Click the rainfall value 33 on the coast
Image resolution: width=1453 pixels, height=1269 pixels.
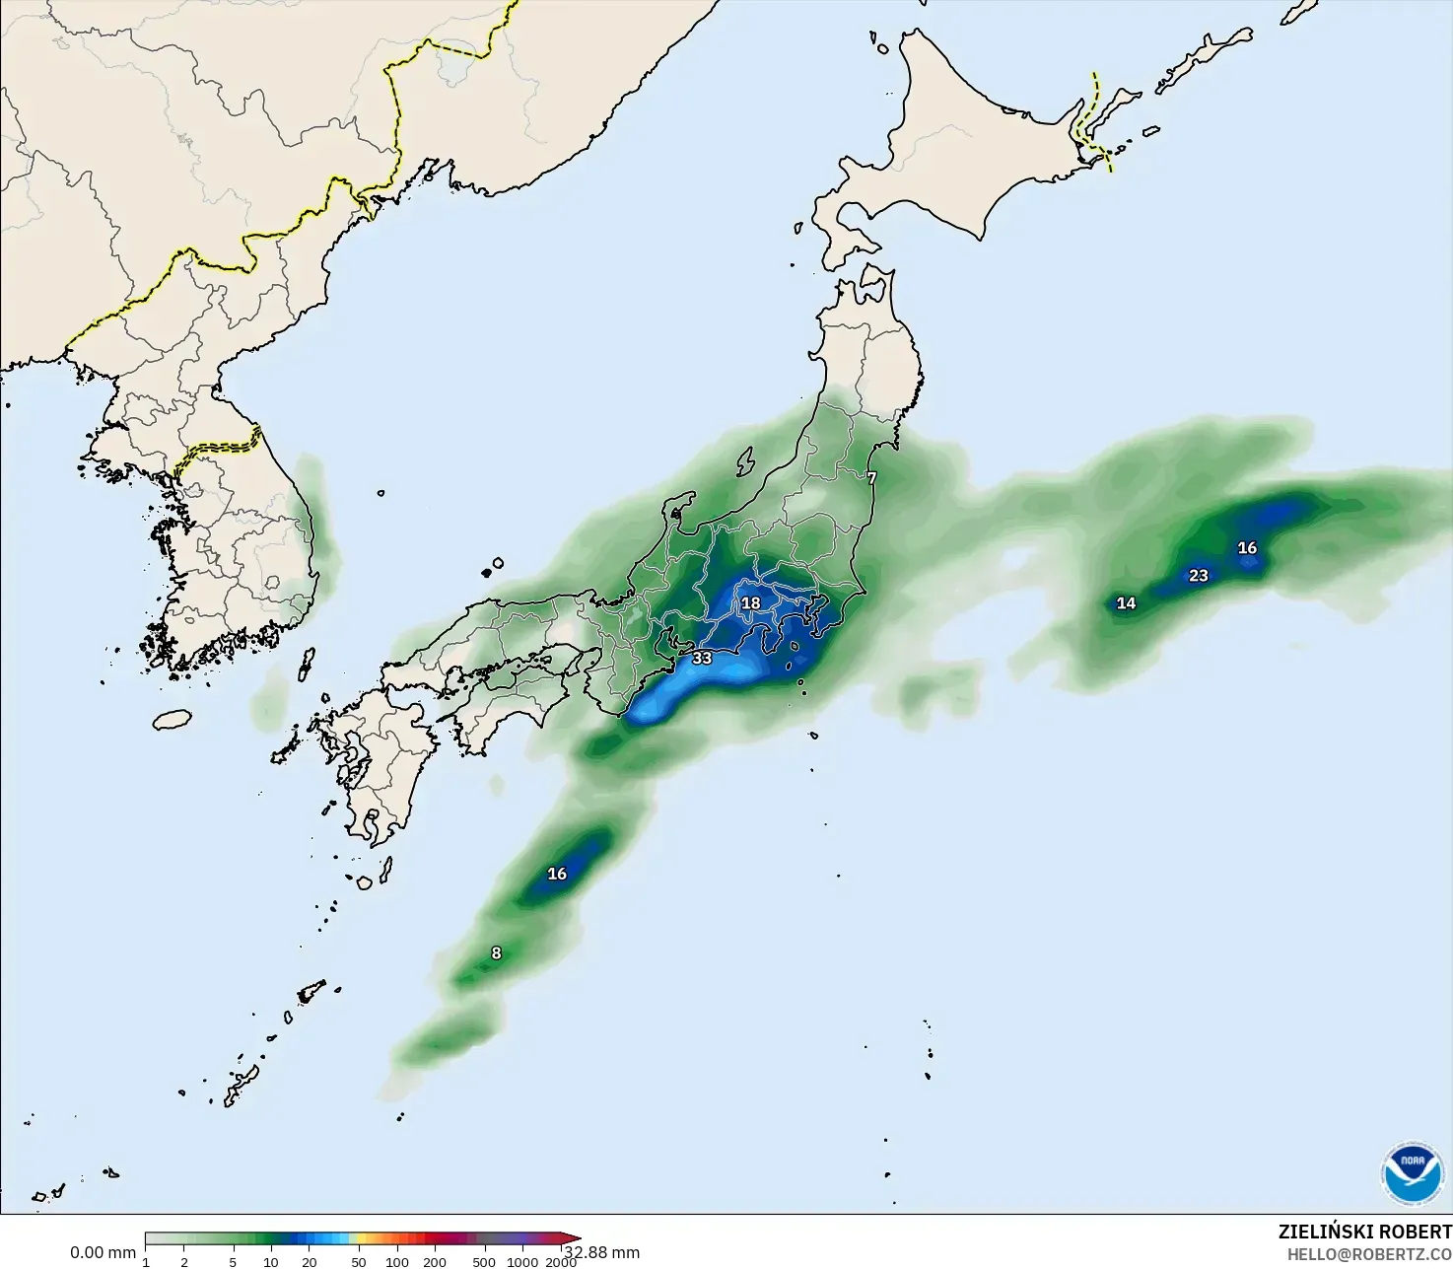coord(702,658)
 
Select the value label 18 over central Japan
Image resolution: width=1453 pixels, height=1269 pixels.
coord(751,603)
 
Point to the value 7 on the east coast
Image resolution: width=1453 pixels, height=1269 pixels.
coord(871,478)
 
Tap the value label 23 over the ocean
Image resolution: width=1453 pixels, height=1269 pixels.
coord(1199,576)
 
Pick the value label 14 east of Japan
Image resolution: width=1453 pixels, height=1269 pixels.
coord(1126,603)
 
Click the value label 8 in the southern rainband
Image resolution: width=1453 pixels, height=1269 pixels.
coord(496,953)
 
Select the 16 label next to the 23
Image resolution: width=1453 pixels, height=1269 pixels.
coord(1247,548)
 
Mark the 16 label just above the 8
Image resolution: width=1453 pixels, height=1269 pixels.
coord(557,874)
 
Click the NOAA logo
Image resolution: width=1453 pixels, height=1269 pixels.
coord(1413,1173)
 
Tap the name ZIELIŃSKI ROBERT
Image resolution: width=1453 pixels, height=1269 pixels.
coord(1364,1233)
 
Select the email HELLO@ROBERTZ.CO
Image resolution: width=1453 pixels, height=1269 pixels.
coord(1369,1254)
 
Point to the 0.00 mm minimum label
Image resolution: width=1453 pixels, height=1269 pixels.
coord(103,1252)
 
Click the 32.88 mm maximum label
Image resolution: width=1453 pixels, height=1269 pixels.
coord(602,1252)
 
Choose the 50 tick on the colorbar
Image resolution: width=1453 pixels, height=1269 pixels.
coord(359,1262)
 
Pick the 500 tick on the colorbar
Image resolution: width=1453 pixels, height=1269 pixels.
coord(484,1262)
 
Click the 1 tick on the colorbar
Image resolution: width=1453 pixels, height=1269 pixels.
coord(146,1262)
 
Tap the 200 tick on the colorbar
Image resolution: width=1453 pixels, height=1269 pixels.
coord(435,1262)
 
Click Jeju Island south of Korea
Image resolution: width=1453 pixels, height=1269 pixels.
coord(172,720)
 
